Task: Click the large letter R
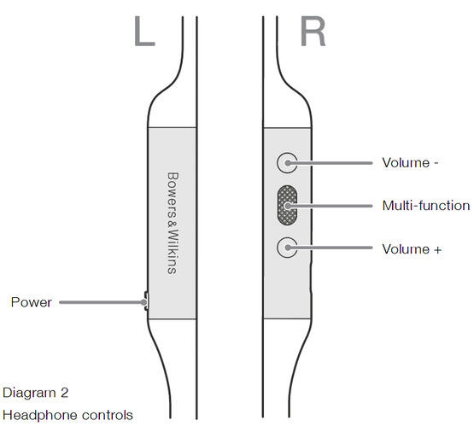313,31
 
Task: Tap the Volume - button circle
287,163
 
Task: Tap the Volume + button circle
287,248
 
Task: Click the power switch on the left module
146,301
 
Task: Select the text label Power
31,302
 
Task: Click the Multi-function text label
426,206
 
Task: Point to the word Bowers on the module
173,195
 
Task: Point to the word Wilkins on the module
173,252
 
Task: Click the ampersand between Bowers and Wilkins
173,224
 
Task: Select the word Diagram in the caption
29,393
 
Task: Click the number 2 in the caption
64,393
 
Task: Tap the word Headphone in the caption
40,416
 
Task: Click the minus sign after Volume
436,163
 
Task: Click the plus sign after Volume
437,250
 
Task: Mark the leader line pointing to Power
102,302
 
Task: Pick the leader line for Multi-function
329,206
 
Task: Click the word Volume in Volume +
406,249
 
